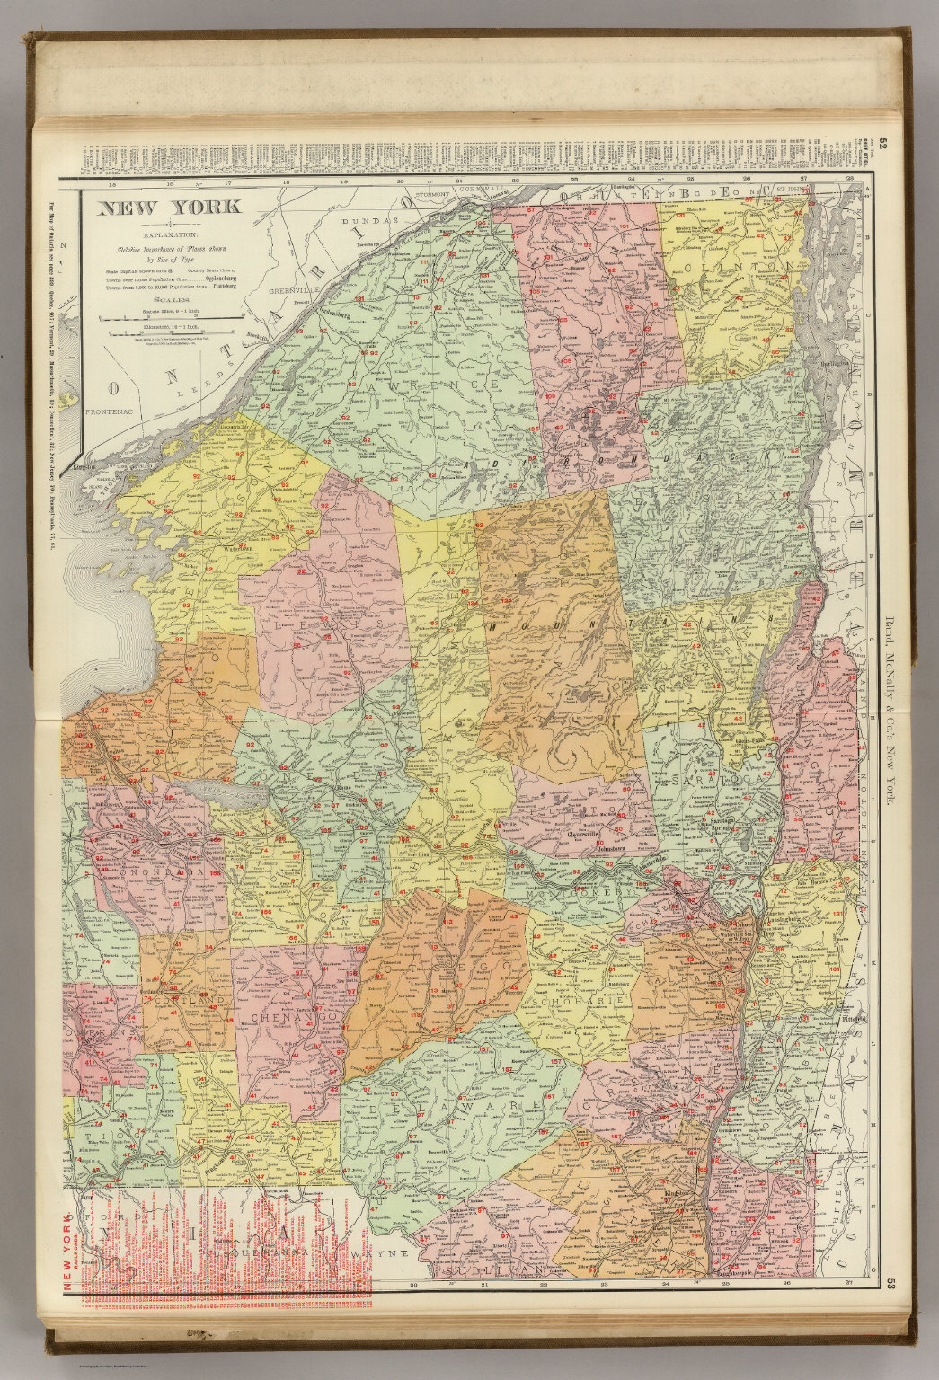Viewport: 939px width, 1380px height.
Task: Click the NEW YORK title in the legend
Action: pyautogui.click(x=169, y=208)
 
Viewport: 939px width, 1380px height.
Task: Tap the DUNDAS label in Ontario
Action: pyautogui.click(x=368, y=220)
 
